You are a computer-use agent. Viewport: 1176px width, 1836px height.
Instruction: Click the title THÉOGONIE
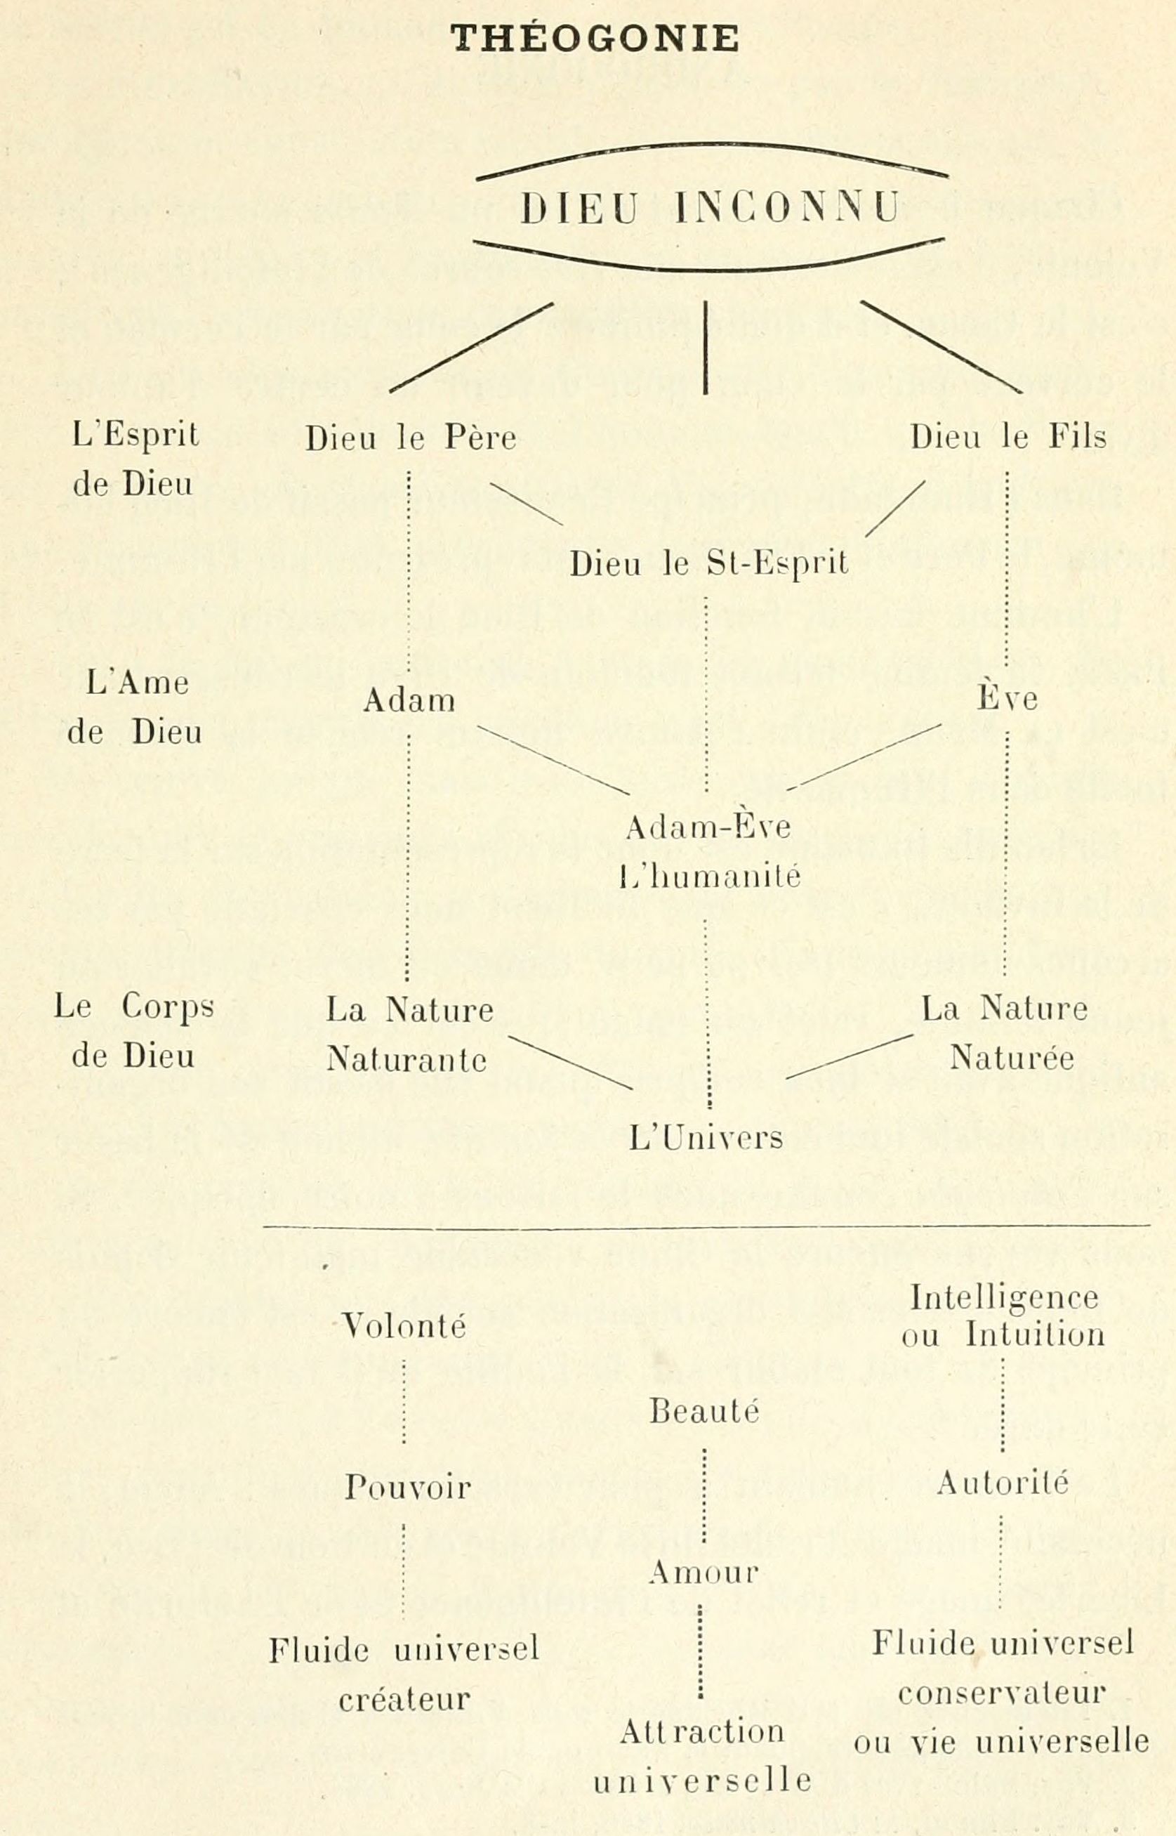(594, 38)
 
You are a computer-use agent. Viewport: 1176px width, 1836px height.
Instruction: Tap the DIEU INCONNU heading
(711, 208)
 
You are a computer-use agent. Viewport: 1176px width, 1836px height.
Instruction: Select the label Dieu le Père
(411, 438)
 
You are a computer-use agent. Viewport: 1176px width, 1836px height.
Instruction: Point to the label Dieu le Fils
(1009, 437)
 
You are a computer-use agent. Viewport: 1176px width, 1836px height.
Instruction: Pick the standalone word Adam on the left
(409, 700)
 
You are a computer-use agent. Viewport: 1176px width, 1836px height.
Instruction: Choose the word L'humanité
(709, 875)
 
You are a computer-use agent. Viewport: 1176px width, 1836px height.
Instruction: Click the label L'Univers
(706, 1138)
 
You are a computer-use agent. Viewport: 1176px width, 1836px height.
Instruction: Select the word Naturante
(407, 1059)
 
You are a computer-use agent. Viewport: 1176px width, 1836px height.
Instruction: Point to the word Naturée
(1012, 1058)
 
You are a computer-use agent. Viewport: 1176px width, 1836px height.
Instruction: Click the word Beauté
(705, 1410)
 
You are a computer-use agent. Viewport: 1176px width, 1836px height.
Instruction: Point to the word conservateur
(1002, 1695)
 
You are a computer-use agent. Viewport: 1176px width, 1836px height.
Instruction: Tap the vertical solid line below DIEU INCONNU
(705, 348)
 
